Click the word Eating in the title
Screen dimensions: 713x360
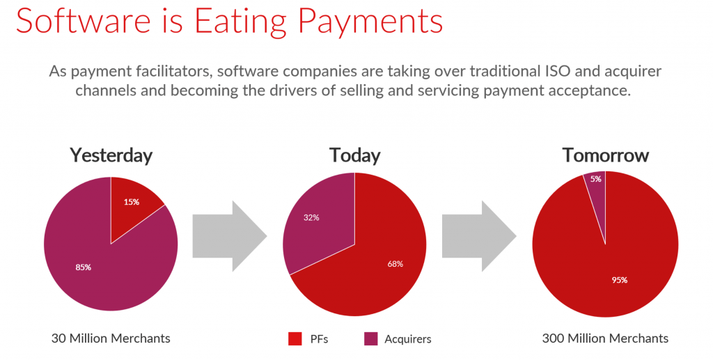[236, 21]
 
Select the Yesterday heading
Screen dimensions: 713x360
[111, 155]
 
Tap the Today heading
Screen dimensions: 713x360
[354, 155]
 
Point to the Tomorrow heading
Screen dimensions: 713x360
[605, 155]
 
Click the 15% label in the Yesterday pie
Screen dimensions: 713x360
[132, 202]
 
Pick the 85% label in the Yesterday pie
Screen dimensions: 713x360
[84, 267]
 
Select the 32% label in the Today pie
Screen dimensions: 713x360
[311, 218]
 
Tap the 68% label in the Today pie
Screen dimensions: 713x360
[395, 264]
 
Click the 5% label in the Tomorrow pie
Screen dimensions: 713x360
[596, 179]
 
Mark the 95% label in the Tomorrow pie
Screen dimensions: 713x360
[619, 280]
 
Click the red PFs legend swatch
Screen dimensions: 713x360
[295, 338]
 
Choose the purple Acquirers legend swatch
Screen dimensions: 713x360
[370, 338]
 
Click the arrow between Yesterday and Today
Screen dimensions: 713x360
[230, 236]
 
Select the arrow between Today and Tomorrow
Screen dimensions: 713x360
[479, 236]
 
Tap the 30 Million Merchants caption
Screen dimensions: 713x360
[111, 338]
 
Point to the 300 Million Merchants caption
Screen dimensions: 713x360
[605, 338]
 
